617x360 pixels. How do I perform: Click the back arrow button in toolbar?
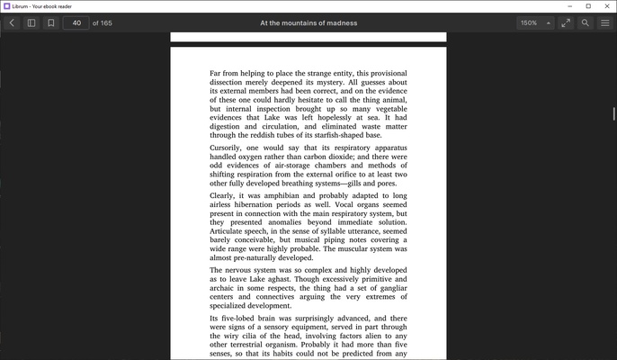pyautogui.click(x=12, y=22)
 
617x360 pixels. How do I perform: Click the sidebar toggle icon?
pyautogui.click(x=31, y=22)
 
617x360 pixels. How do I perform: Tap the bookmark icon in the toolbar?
pyautogui.click(x=51, y=22)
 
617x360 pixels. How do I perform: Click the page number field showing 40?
pyautogui.click(x=76, y=22)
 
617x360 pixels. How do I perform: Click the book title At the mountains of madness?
pyautogui.click(x=308, y=22)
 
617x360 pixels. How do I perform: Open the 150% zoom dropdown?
pyautogui.click(x=535, y=22)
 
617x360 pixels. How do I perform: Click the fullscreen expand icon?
pyautogui.click(x=566, y=22)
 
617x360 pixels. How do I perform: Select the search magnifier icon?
pyautogui.click(x=586, y=22)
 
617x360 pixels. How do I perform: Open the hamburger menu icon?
pyautogui.click(x=605, y=22)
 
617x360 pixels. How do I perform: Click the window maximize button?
pyautogui.click(x=588, y=6)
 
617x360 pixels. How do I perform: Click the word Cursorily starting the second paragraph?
pyautogui.click(x=226, y=147)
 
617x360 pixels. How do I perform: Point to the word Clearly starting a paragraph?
pyautogui.click(x=221, y=195)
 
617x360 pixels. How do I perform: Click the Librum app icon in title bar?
pyautogui.click(x=7, y=6)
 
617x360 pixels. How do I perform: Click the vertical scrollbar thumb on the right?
pyautogui.click(x=613, y=114)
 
